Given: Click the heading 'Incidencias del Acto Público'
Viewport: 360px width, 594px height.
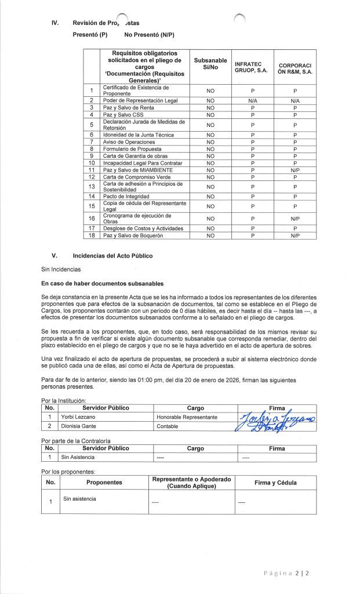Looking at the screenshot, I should click(x=112, y=255).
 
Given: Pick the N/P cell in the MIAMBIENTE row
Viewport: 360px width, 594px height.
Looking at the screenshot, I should click(x=295, y=170).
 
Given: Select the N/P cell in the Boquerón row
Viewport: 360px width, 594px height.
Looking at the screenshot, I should click(x=295, y=236).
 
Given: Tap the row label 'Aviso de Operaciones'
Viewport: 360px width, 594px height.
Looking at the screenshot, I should click(x=127, y=142).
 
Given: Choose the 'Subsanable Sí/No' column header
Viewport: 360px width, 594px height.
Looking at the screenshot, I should click(x=210, y=64).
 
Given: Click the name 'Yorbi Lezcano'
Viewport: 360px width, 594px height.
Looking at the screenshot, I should click(x=78, y=417).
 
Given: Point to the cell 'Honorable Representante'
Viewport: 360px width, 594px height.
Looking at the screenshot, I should click(x=187, y=417).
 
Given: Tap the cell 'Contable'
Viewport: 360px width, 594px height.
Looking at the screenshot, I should click(x=168, y=426).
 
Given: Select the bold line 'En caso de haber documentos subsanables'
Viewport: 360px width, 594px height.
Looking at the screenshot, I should click(x=103, y=284).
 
